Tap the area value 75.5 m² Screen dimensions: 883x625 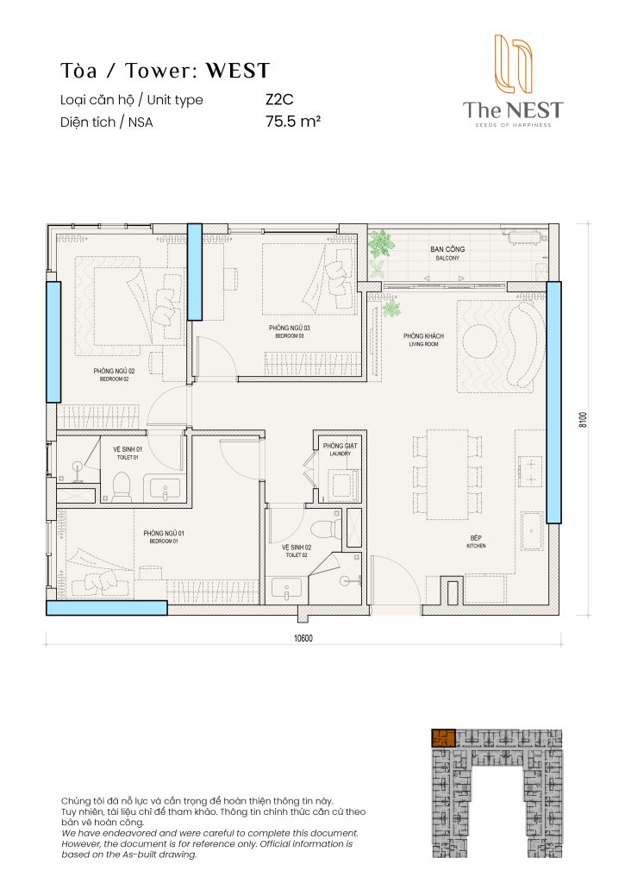pos(293,122)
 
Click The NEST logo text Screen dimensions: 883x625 pos(512,110)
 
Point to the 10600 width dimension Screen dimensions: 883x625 pos(303,638)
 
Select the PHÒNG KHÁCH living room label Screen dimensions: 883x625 pos(423,340)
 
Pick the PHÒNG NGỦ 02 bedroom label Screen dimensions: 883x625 pos(113,374)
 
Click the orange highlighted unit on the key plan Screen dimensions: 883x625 pos(443,739)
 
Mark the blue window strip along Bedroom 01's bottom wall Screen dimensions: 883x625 pos(106,608)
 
